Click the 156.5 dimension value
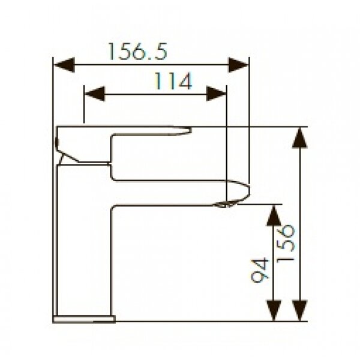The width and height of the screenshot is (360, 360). (x=137, y=52)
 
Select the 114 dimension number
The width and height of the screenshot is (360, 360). (x=173, y=81)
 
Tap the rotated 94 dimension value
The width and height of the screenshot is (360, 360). (x=260, y=270)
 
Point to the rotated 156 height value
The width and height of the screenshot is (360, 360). (x=286, y=244)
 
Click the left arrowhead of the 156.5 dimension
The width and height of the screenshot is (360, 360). (x=64, y=65)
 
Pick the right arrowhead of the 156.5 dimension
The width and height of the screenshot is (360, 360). (x=238, y=65)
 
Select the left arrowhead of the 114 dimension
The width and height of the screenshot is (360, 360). (x=95, y=94)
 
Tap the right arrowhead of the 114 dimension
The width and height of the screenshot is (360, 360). (x=216, y=94)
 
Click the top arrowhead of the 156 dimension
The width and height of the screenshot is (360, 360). (x=299, y=138)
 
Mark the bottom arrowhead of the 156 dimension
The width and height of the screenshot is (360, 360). (x=299, y=310)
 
